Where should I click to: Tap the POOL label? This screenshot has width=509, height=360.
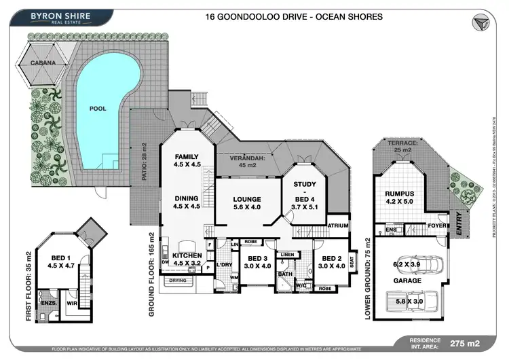tap(98, 108)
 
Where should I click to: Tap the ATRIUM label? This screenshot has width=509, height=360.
tap(337, 225)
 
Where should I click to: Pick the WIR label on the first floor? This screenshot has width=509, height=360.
tap(70, 304)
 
